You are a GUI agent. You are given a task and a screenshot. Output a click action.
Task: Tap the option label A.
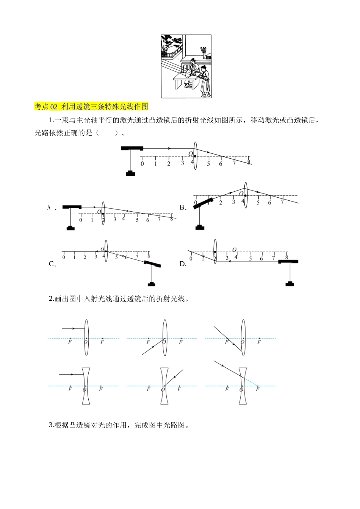(49, 208)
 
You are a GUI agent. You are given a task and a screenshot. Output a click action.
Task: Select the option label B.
(183, 208)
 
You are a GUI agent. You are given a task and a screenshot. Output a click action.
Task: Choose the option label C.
(52, 264)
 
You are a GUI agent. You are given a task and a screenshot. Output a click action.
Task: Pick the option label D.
(183, 264)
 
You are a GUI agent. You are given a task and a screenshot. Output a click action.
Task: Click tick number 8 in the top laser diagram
(249, 162)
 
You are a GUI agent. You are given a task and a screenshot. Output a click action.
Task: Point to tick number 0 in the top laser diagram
(142, 164)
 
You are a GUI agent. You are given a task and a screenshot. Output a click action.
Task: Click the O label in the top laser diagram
(191, 154)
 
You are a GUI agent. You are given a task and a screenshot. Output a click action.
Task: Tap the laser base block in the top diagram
(130, 173)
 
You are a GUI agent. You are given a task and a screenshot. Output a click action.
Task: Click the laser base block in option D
(290, 283)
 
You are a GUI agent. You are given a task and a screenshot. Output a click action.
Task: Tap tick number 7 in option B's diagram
(282, 202)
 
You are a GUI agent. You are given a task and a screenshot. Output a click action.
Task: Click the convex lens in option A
(103, 213)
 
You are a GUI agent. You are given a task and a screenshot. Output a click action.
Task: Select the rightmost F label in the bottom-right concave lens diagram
(257, 390)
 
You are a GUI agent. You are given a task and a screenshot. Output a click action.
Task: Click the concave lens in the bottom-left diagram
(86, 386)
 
